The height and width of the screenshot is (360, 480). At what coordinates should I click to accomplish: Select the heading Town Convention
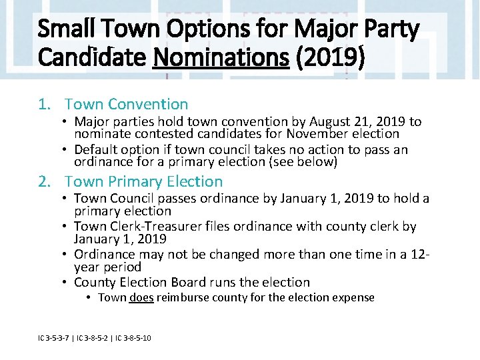click(x=127, y=104)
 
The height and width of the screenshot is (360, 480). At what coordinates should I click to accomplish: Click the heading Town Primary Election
click(x=144, y=181)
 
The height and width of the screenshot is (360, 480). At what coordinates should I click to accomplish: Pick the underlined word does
click(x=141, y=298)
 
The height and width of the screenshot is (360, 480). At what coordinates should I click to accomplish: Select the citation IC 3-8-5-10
click(x=133, y=339)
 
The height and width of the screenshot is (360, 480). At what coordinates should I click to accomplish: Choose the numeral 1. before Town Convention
click(x=45, y=104)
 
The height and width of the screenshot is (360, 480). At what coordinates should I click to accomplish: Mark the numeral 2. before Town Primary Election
click(x=45, y=181)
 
